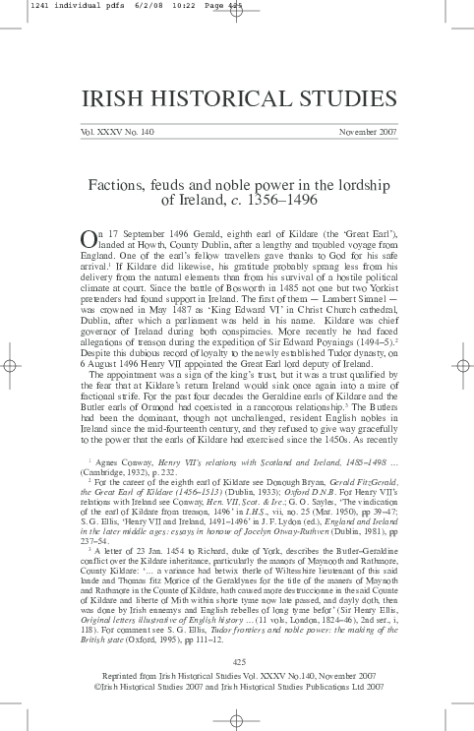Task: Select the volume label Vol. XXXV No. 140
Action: (107, 131)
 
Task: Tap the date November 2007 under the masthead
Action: (367, 131)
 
